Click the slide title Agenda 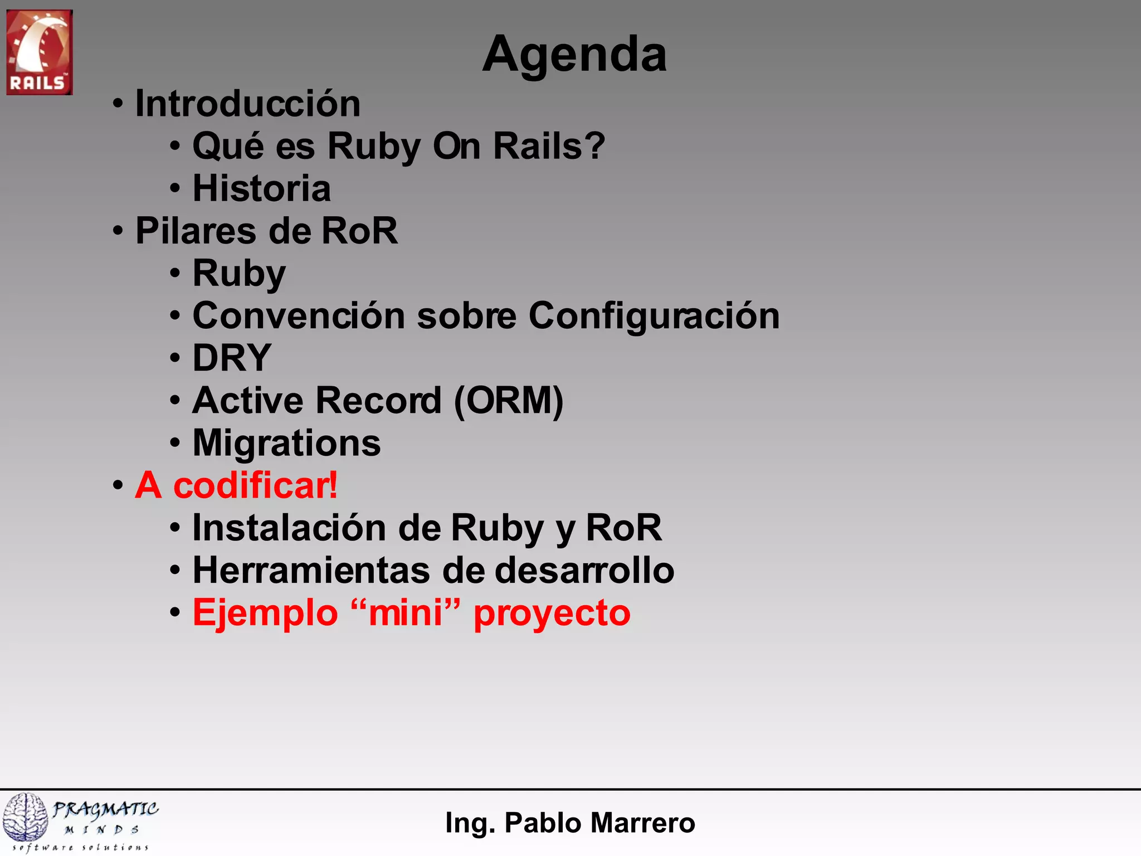coord(574,55)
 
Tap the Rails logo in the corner coord(39,52)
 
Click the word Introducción coord(248,104)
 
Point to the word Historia coord(261,188)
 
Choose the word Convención coord(298,316)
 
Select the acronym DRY coord(232,358)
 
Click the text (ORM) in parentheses coord(508,401)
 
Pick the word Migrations coord(286,443)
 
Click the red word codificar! coord(255,485)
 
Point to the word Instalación coord(289,528)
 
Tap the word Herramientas coord(311,571)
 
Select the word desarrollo coord(584,571)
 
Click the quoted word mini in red coord(405,613)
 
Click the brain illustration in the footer coord(25,817)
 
